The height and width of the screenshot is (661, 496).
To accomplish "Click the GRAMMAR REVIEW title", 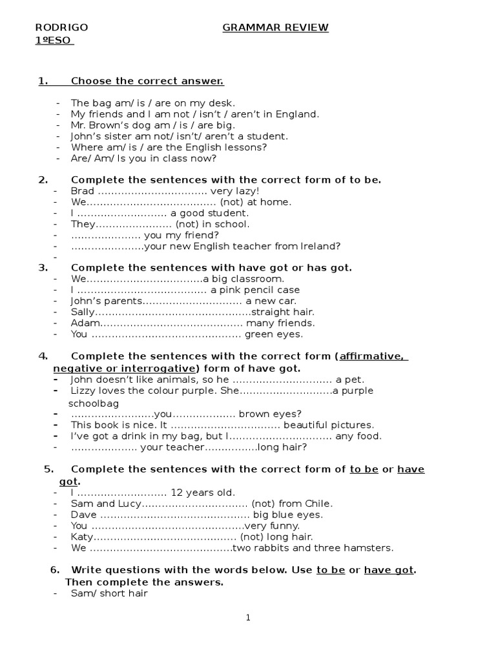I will [x=276, y=27].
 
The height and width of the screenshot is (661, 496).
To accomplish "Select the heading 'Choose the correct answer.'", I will [x=147, y=81].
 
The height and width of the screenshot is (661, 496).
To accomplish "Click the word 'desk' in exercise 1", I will [x=223, y=103].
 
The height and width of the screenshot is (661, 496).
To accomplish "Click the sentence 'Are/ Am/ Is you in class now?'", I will [x=144, y=158].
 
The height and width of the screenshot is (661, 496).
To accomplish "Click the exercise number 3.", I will [x=43, y=267].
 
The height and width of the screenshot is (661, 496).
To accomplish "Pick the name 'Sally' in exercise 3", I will [x=83, y=312].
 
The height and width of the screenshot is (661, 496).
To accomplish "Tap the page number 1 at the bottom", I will [x=248, y=618].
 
